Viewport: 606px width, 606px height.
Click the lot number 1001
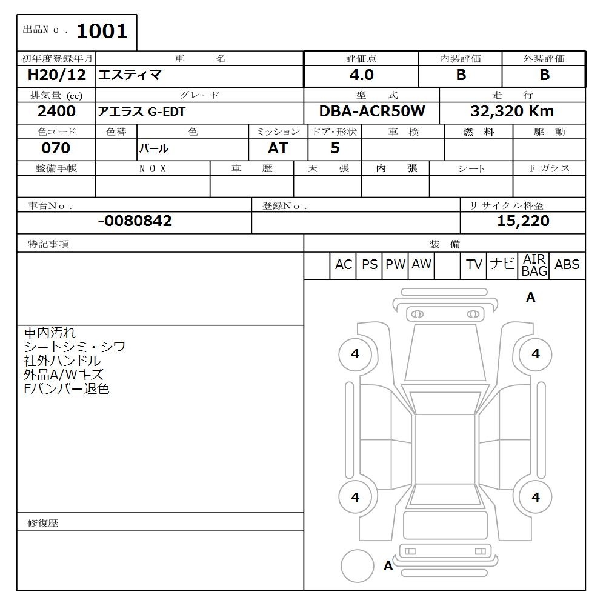[101, 31]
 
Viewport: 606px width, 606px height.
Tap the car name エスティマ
[130, 76]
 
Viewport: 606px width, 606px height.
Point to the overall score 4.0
[361, 75]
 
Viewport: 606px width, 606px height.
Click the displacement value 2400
[56, 112]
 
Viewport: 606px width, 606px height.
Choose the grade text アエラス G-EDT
[142, 112]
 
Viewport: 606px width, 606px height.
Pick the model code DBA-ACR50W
[372, 112]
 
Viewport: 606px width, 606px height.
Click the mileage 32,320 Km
[512, 112]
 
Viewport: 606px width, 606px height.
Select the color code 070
[56, 148]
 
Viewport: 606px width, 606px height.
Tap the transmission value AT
[278, 148]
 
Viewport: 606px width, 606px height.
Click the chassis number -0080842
[135, 221]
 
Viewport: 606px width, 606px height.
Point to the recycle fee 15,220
[523, 221]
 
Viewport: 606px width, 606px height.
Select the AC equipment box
[344, 265]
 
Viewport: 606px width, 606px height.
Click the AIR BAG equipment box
[534, 265]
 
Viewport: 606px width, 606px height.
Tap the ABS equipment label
[567, 265]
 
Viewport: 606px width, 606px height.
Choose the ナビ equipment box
[502, 265]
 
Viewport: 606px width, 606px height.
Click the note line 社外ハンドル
[62, 361]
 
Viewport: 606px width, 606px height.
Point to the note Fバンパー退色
[67, 389]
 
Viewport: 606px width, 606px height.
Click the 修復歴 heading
[43, 522]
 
